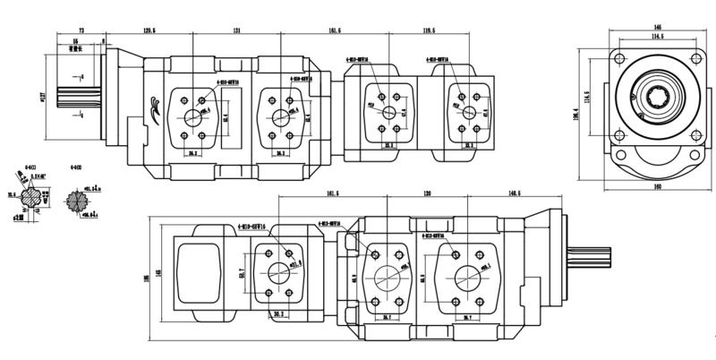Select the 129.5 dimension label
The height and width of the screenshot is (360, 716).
(x=149, y=30)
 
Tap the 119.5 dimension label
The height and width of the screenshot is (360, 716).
(x=429, y=30)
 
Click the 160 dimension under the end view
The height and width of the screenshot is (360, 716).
(x=659, y=187)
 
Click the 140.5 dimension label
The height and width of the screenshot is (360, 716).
(x=515, y=193)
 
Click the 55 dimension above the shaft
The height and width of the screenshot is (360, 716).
(x=75, y=41)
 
